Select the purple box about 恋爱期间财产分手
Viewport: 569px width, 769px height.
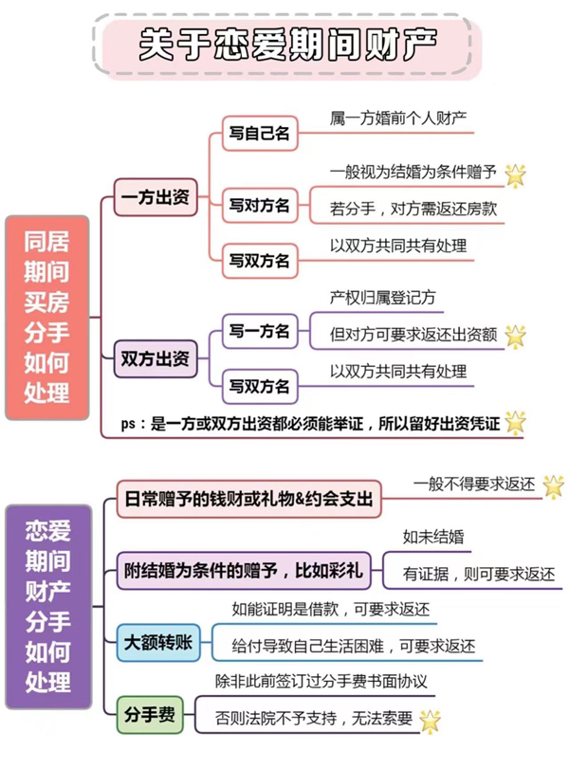[46, 606]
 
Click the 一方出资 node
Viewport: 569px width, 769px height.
[155, 199]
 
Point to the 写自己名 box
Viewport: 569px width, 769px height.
[259, 134]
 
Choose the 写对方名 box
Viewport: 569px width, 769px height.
[259, 205]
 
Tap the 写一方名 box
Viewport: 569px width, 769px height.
[259, 331]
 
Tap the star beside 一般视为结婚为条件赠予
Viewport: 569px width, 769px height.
[515, 174]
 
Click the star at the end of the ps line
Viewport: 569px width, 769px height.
[515, 423]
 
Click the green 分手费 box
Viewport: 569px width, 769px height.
[151, 714]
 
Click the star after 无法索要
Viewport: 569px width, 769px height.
[430, 720]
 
